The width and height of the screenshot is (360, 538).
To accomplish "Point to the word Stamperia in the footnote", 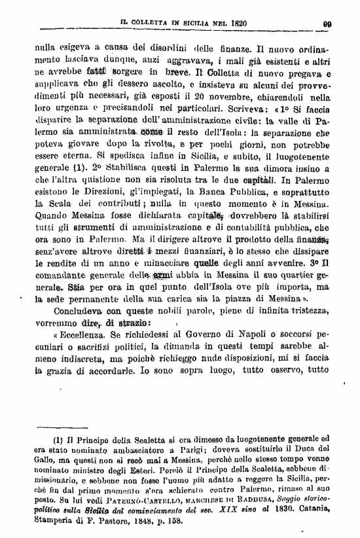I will point(61,524).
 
